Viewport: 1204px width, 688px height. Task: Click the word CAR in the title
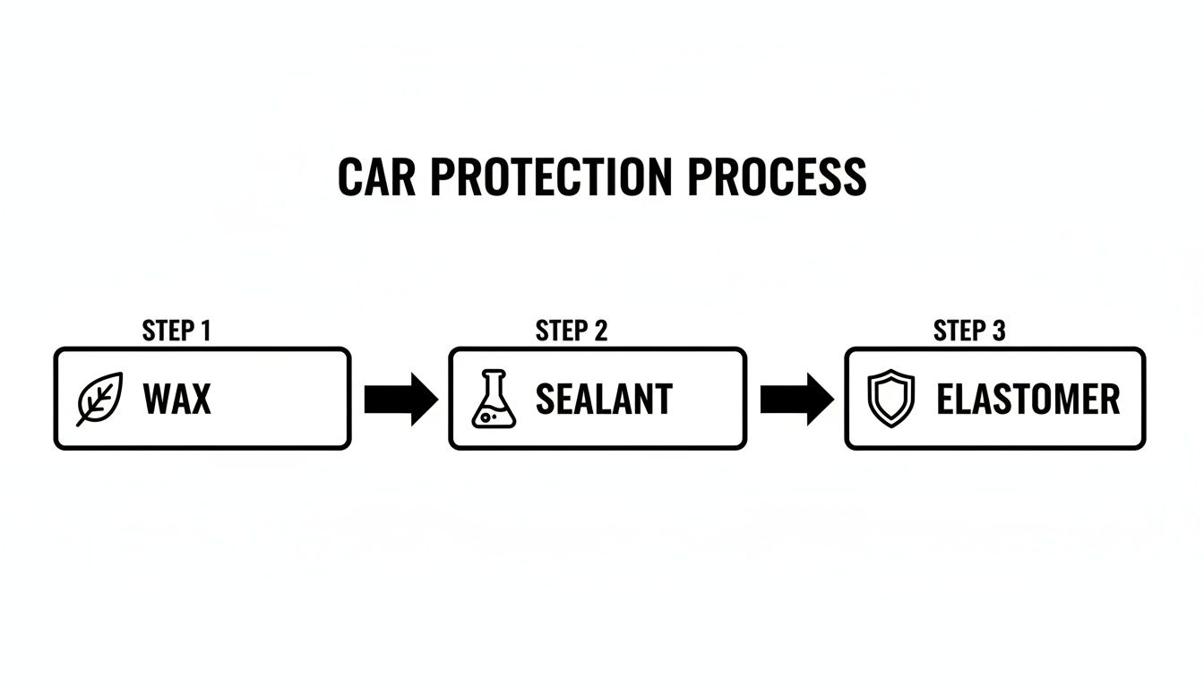(x=378, y=177)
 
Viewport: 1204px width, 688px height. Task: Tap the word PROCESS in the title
(x=777, y=177)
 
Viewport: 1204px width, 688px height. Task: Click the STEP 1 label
(x=176, y=331)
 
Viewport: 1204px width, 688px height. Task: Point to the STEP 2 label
(x=572, y=331)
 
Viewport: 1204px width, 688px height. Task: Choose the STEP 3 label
(x=969, y=331)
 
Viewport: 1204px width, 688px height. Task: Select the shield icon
(x=891, y=399)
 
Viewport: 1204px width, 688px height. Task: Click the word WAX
(x=176, y=399)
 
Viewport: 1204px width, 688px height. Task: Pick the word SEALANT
(x=603, y=399)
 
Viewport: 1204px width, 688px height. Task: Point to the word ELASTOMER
(x=1028, y=399)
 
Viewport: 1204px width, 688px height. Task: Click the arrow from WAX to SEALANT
(x=400, y=399)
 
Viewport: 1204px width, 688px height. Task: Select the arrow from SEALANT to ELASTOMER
(x=796, y=399)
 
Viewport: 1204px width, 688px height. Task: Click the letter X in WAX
(x=201, y=399)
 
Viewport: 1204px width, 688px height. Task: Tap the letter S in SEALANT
(x=544, y=399)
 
